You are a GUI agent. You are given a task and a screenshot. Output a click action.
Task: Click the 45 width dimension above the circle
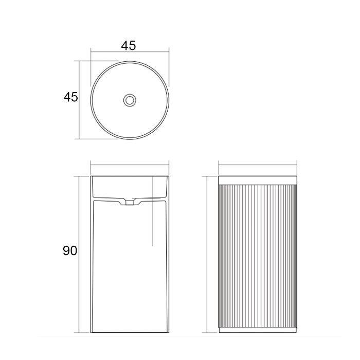[129, 45]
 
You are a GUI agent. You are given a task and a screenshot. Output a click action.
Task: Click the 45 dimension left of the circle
[71, 97]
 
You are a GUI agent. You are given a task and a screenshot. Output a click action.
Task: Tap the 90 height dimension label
[70, 250]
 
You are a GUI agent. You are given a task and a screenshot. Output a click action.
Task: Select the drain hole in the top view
[130, 100]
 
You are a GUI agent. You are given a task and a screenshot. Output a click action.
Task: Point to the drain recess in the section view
[130, 202]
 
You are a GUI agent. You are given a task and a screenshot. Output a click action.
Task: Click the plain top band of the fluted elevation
[258, 180]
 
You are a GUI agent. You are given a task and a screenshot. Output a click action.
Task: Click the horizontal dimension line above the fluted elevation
[258, 165]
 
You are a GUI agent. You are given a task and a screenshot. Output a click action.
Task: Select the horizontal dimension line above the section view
[130, 165]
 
